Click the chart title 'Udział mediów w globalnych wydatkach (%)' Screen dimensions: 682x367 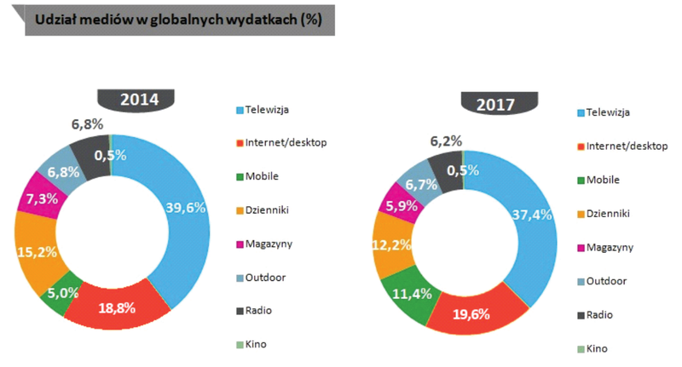coord(178,20)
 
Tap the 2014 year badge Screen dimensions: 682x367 coord(136,100)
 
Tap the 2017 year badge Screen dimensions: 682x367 coord(500,104)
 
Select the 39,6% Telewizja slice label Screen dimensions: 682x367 coord(185,208)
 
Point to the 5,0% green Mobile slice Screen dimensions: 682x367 coord(62,293)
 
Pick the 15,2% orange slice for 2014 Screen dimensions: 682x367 coord(37,252)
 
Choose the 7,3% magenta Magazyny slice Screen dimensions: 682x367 coord(42,199)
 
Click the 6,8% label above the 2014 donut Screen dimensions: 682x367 coord(88,124)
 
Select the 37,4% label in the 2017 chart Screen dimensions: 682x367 coord(532,215)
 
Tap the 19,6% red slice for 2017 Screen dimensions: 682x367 coord(471,314)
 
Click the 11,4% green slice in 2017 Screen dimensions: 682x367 coord(412,294)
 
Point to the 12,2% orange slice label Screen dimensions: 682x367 coord(391,245)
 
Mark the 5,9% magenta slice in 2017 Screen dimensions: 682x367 coord(402,206)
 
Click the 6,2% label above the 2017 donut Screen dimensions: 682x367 coord(446,141)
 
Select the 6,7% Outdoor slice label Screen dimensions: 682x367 coord(421,185)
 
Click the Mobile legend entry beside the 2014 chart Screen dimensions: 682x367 coord(257,176)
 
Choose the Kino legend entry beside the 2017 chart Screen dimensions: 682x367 coord(592,349)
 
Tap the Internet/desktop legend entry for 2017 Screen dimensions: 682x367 coord(622,146)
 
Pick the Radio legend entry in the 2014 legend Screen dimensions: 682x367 coord(254,311)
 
